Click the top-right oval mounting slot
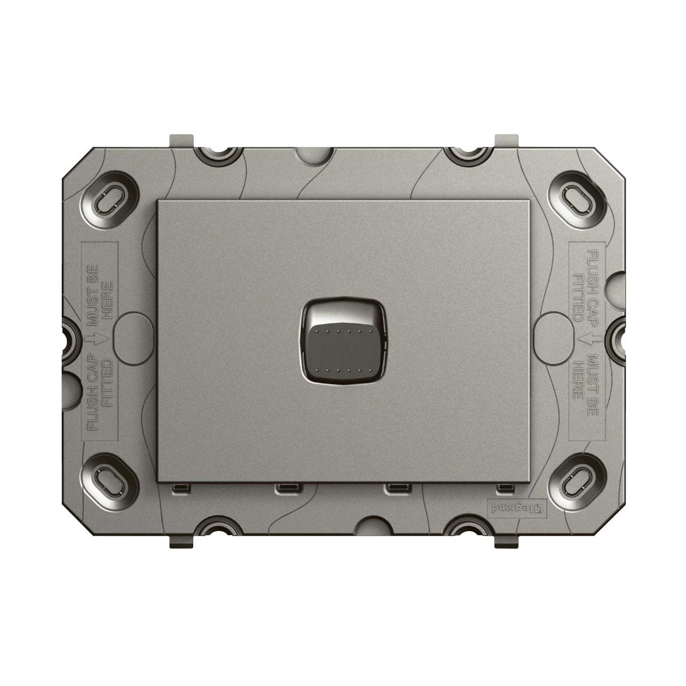[x=576, y=198]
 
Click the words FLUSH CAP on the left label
[x=91, y=394]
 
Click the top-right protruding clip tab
[x=505, y=140]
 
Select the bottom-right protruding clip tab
[x=505, y=541]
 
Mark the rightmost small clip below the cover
[x=504, y=488]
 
